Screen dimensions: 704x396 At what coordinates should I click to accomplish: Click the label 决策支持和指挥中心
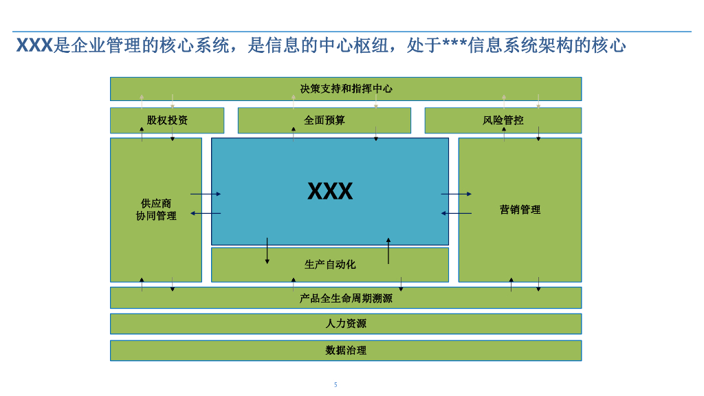(346, 89)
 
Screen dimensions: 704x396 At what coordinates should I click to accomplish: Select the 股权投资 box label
(167, 120)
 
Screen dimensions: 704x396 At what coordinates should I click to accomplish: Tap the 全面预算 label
(324, 120)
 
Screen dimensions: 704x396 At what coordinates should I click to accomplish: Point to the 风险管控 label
(503, 120)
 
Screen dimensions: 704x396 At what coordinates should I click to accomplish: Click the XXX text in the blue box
(330, 191)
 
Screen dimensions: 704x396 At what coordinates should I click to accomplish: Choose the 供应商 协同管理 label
(156, 210)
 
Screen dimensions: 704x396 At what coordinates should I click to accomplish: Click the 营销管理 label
(520, 210)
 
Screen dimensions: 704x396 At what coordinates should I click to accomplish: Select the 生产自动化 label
(330, 265)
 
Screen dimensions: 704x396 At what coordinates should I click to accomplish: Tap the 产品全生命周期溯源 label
(346, 298)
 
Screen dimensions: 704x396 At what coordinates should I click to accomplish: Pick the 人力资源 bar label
(346, 324)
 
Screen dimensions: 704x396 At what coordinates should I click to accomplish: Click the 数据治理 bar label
(346, 351)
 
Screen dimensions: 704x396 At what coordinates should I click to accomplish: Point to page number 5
(335, 385)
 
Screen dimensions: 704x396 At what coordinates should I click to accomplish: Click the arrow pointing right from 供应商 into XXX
(206, 195)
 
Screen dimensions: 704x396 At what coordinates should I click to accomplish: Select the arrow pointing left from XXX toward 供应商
(206, 214)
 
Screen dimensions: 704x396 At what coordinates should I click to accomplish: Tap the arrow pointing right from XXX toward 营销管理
(456, 195)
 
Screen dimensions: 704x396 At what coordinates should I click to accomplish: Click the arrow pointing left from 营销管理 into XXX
(456, 214)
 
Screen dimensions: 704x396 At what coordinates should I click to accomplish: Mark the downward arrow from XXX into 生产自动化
(267, 251)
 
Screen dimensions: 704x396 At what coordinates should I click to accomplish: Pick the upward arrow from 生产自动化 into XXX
(388, 251)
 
